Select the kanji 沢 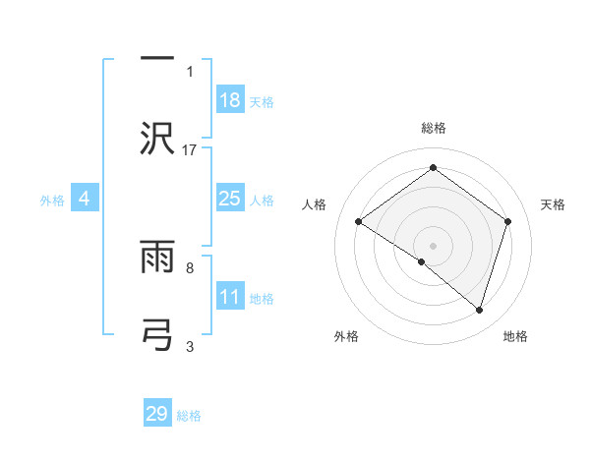pos(157,136)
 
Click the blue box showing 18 pos(230,99)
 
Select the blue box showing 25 pos(230,199)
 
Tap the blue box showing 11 pos(230,297)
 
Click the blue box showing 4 pos(85,199)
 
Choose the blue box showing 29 pos(157,414)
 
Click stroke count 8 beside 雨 pos(190,266)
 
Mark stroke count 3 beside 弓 pos(190,346)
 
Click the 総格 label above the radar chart pos(433,128)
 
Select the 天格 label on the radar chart pos(554,204)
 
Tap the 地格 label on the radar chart pos(515,336)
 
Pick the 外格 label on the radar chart pos(346,336)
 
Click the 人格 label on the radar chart pos(314,204)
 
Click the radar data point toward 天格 pos(508,221)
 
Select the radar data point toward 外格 pos(422,261)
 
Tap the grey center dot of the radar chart pos(433,245)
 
